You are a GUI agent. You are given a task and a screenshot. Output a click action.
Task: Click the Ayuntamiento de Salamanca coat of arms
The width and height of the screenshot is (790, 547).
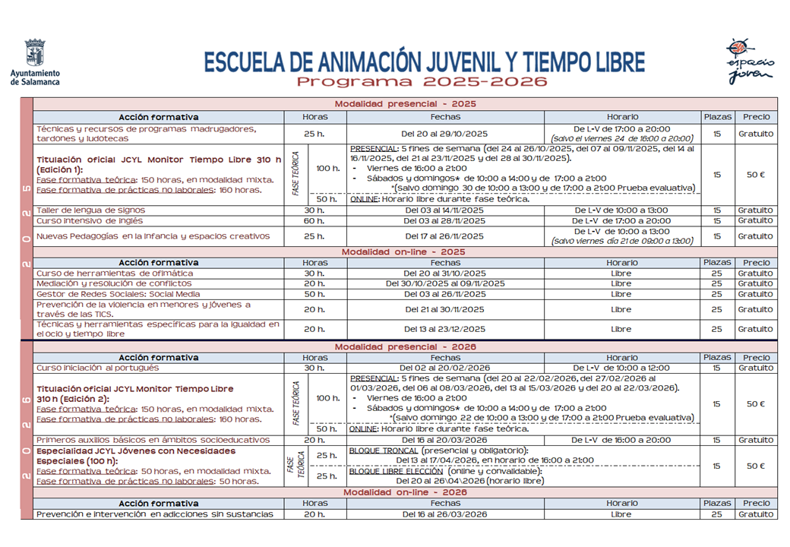point(35,53)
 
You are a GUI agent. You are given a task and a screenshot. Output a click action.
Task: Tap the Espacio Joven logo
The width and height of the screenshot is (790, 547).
point(749,61)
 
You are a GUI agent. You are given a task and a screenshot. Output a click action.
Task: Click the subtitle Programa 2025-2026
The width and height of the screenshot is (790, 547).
point(422,82)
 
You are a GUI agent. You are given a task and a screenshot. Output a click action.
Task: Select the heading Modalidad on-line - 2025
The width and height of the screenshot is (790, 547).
point(403,252)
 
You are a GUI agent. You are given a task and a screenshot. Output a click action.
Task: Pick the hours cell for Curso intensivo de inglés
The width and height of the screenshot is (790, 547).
point(314,221)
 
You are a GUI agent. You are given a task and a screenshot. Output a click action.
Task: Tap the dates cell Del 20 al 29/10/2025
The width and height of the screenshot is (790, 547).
point(444,134)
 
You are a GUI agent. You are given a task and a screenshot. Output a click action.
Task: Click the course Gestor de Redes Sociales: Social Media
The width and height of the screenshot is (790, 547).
point(118,294)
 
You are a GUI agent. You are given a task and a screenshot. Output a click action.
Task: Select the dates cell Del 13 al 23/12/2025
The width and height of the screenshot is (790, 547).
point(444,330)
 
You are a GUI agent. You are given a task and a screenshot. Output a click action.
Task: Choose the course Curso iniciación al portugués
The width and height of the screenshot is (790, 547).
point(98,368)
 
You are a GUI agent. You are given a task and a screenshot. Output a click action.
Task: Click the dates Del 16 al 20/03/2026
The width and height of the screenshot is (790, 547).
point(444,440)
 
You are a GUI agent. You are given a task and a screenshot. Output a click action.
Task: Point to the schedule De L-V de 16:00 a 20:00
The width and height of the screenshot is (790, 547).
point(621,440)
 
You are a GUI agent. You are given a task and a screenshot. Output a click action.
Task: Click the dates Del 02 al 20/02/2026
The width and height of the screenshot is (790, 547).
point(444,368)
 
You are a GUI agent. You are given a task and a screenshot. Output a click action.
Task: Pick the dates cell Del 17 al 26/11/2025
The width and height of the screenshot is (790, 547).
point(444,236)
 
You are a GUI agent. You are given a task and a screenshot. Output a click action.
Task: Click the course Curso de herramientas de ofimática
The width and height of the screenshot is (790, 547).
point(115,273)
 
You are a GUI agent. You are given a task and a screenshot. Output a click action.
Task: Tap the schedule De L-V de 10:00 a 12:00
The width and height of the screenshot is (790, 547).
point(621,368)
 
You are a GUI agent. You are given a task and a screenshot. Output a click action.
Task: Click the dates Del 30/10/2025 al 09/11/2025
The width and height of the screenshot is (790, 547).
point(444,283)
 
